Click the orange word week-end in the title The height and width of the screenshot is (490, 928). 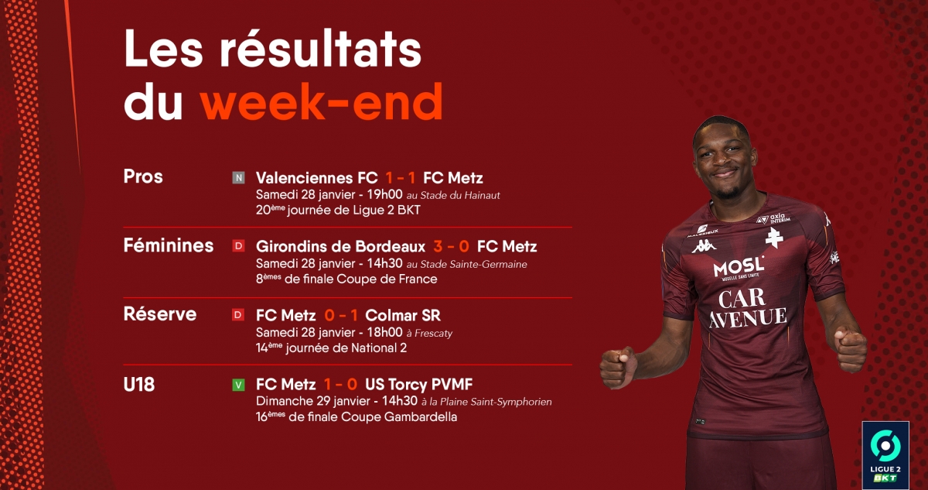coord(322,101)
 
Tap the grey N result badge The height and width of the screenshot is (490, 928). coord(238,178)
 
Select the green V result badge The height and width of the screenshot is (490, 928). coord(238,385)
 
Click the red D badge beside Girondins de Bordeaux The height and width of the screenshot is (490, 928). coord(238,246)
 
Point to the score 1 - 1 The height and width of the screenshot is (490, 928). coord(401,178)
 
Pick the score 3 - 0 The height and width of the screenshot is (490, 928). coord(451,247)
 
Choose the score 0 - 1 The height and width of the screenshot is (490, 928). coord(341,316)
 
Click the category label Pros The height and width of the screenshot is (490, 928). coord(143,176)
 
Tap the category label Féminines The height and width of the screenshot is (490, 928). coord(169,245)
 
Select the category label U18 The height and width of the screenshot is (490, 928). coord(138,385)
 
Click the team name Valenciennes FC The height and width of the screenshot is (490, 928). coord(316,178)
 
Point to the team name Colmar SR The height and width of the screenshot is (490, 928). coord(403,316)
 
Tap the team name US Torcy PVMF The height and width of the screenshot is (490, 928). coord(419,384)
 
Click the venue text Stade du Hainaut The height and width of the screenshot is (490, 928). coord(460,195)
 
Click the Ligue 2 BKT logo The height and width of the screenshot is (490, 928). coord(885,455)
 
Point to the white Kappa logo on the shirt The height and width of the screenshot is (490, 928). coord(704,246)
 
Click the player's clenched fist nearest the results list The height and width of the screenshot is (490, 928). coord(619,367)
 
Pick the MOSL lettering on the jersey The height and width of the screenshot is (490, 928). coord(739,266)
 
